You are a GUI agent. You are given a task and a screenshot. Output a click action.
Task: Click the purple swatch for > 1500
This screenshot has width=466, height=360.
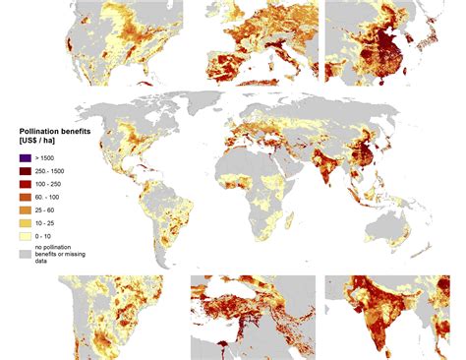click(x=25, y=157)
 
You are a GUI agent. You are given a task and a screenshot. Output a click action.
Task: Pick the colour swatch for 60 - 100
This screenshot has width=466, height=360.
click(x=25, y=196)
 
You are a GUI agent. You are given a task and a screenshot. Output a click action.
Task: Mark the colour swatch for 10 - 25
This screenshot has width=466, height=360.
click(x=25, y=221)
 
